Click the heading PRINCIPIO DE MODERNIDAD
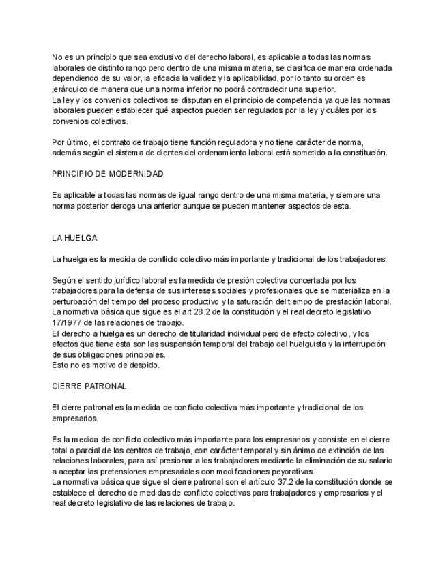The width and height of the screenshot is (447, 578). [108, 174]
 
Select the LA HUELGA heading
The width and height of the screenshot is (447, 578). [74, 238]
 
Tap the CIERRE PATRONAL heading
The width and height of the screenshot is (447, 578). [89, 386]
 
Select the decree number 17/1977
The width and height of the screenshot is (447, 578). [69, 322]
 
